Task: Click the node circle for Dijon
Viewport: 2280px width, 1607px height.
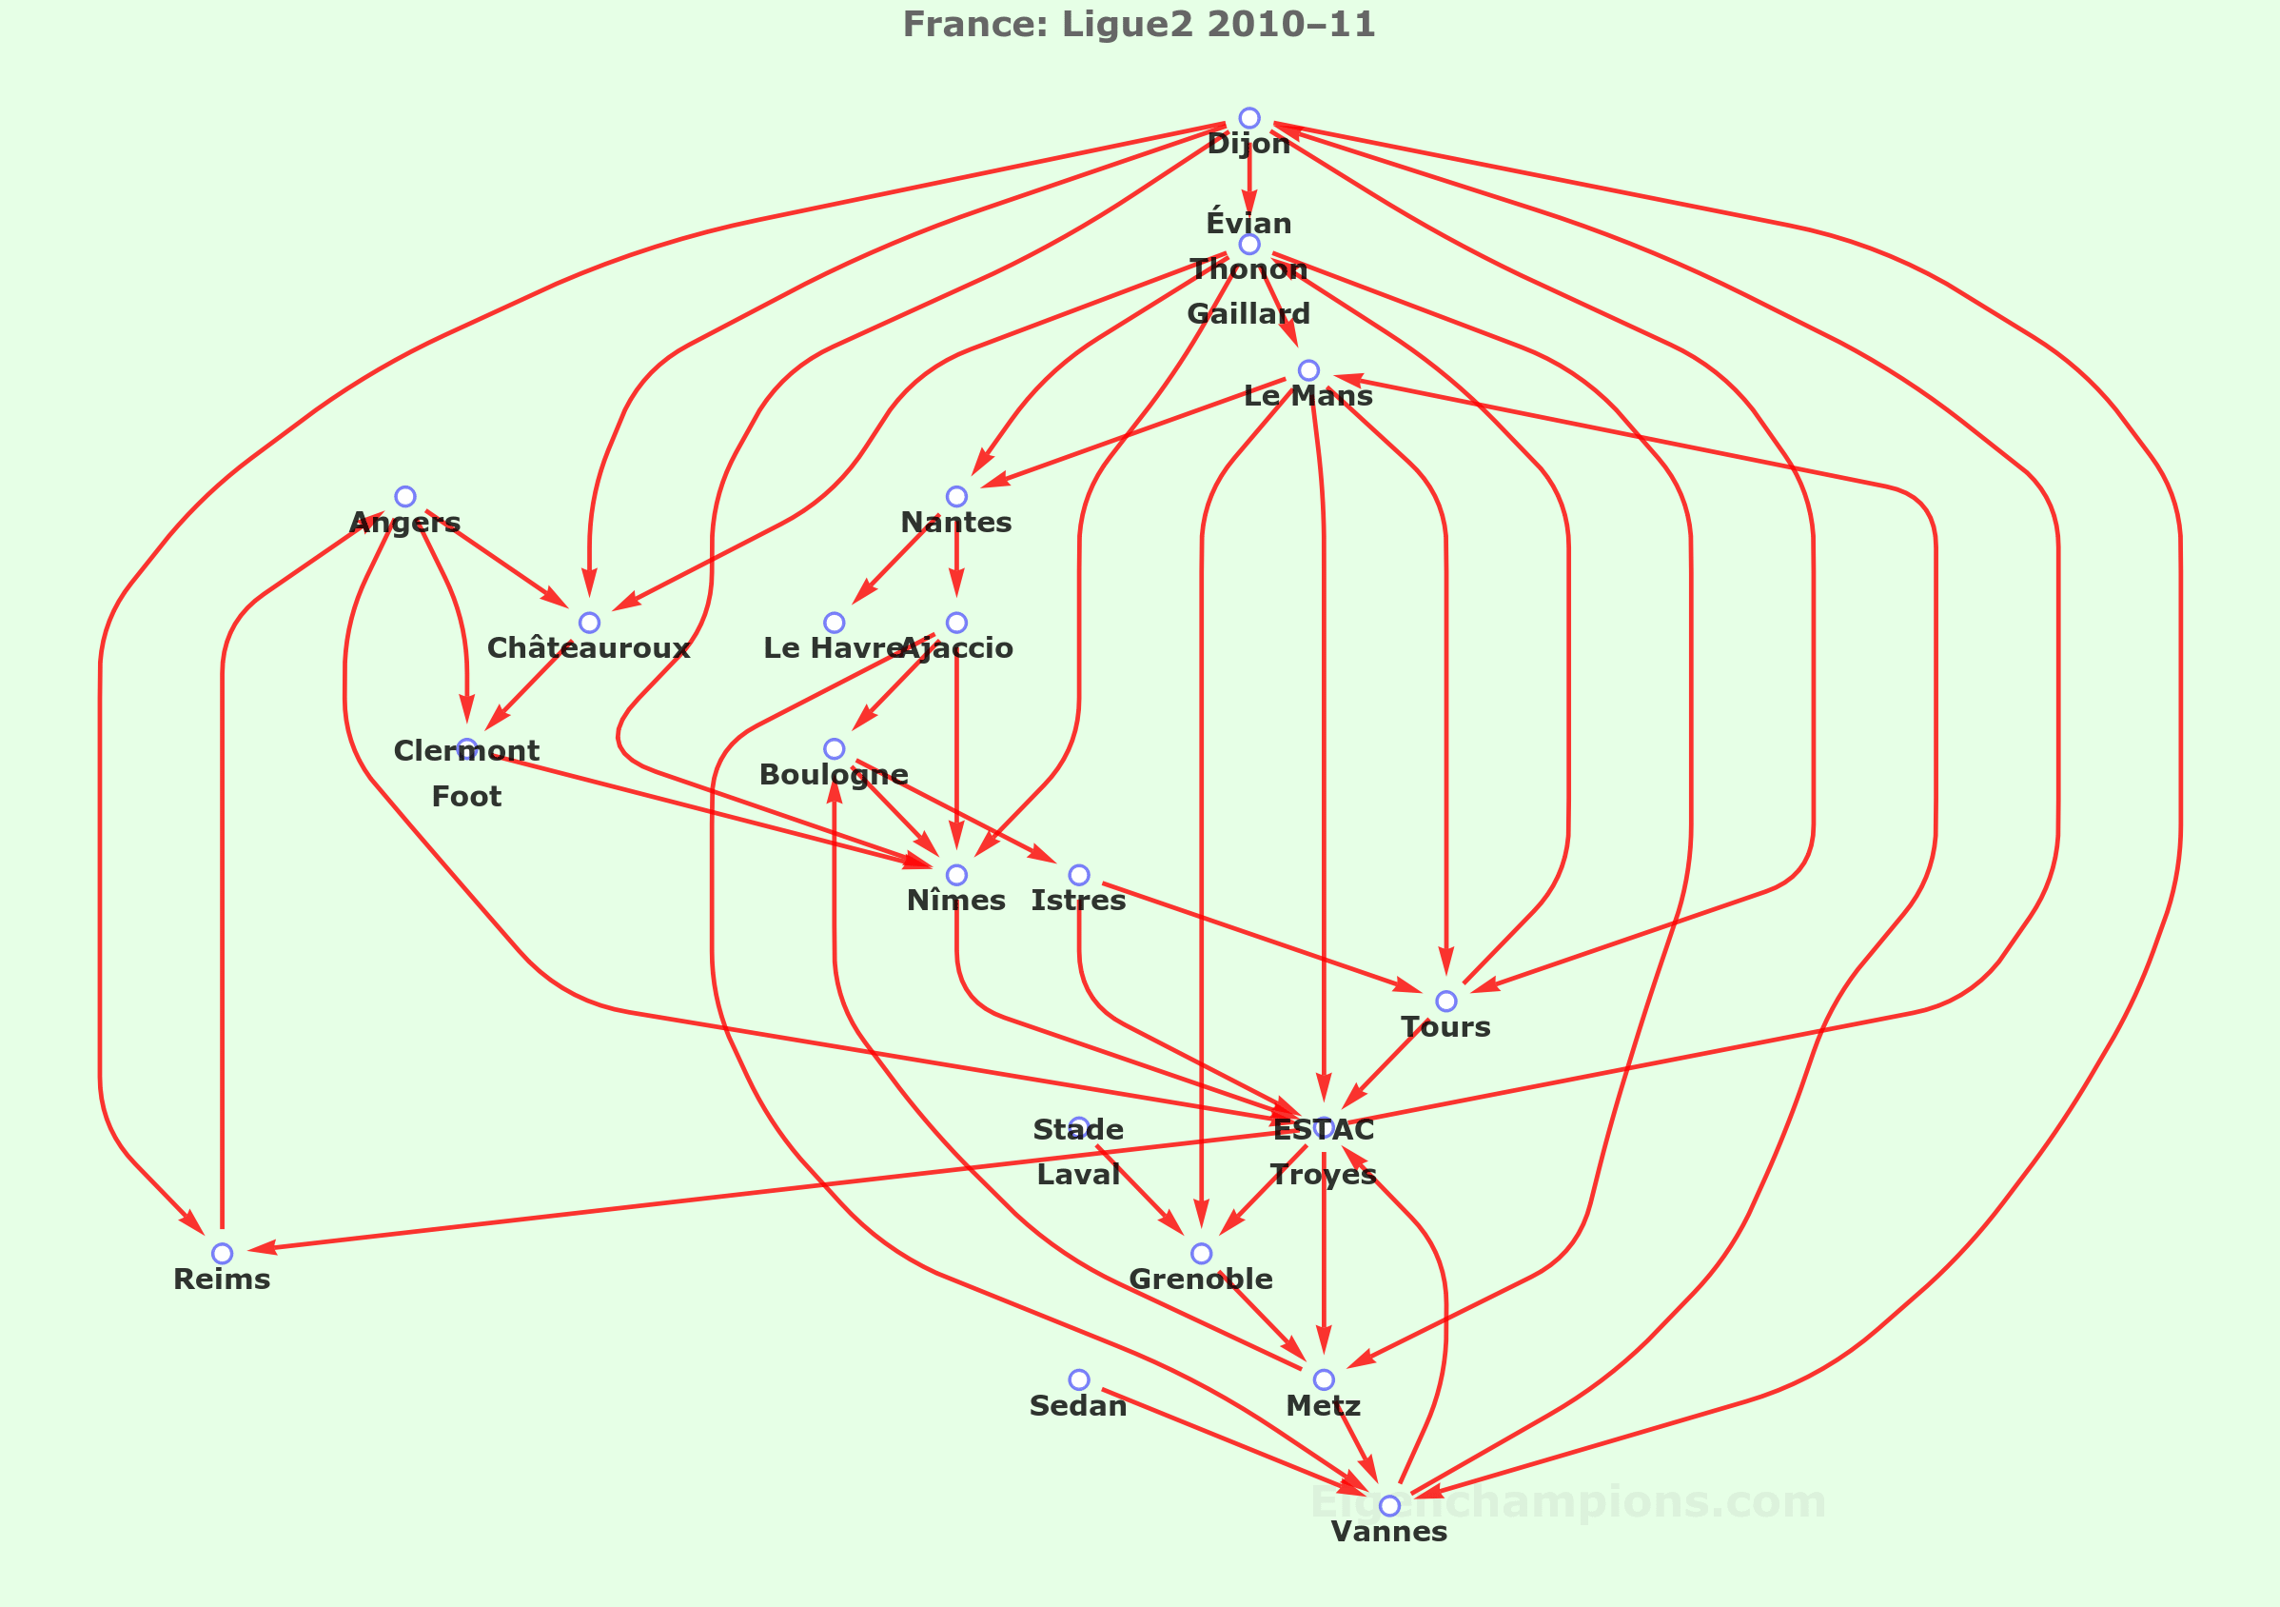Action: pyautogui.click(x=1249, y=118)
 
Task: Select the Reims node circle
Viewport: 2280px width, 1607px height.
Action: pyautogui.click(x=222, y=1254)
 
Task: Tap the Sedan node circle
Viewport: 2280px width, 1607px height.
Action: pyautogui.click(x=1078, y=1379)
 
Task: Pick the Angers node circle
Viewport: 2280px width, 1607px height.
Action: pyautogui.click(x=405, y=497)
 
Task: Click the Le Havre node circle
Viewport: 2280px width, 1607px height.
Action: pyautogui.click(x=835, y=623)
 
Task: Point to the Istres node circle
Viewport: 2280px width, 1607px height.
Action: pyautogui.click(x=1078, y=875)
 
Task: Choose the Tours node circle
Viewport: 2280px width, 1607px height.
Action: pyautogui.click(x=1445, y=1002)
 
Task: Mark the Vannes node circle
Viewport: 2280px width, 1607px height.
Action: pyautogui.click(x=1389, y=1506)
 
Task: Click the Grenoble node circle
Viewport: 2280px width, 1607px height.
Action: pyautogui.click(x=1201, y=1254)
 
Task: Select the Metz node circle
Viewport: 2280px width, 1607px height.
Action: pyautogui.click(x=1323, y=1379)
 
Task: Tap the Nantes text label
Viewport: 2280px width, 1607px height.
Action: pyautogui.click(x=955, y=523)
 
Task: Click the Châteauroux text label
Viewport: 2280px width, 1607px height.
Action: pyautogui.click(x=588, y=648)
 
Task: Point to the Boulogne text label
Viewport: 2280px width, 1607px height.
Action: pyautogui.click(x=834, y=775)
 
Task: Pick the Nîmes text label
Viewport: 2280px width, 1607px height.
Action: pyautogui.click(x=955, y=901)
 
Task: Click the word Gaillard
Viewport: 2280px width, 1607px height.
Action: pyautogui.click(x=1248, y=314)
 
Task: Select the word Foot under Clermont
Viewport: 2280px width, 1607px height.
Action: pyautogui.click(x=465, y=797)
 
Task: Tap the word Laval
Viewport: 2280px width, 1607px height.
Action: pyautogui.click(x=1077, y=1175)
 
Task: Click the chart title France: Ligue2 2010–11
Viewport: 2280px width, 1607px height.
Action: pyautogui.click(x=1139, y=24)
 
